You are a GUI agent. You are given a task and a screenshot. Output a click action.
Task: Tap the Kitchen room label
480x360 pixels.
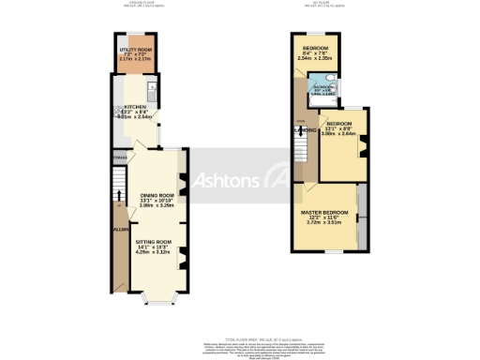click(133, 111)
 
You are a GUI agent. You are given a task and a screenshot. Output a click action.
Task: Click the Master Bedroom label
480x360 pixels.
click(323, 213)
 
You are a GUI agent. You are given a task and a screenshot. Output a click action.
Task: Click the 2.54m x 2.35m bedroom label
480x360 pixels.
click(315, 48)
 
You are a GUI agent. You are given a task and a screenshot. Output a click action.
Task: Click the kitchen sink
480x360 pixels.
click(149, 89)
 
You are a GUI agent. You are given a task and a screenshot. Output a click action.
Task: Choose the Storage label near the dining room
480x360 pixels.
click(119, 157)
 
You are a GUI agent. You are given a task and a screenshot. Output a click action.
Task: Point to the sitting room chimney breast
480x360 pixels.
click(181, 251)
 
